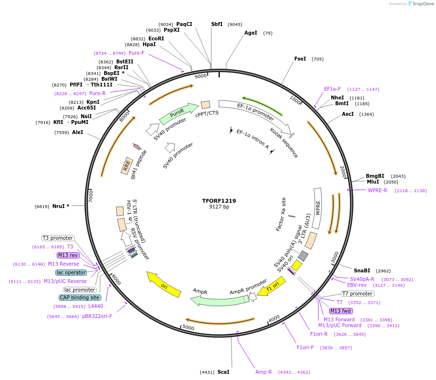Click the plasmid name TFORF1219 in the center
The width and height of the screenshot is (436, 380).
point(219,201)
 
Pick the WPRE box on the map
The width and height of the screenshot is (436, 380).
point(317,201)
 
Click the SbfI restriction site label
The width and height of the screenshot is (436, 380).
point(217,24)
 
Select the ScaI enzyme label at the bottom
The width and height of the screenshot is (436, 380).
point(223,372)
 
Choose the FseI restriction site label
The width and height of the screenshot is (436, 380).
point(300,59)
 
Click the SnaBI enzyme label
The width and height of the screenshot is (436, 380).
point(362,270)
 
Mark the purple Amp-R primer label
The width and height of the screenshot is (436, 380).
point(264,372)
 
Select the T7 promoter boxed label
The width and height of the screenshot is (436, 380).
point(357,294)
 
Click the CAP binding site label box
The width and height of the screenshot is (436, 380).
point(80,297)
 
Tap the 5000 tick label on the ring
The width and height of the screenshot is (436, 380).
point(188,328)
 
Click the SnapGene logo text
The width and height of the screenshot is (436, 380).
point(423,4)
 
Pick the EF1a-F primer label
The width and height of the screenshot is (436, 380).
point(332,89)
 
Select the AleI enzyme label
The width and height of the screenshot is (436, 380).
point(77,132)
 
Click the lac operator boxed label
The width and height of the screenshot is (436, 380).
point(71,272)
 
